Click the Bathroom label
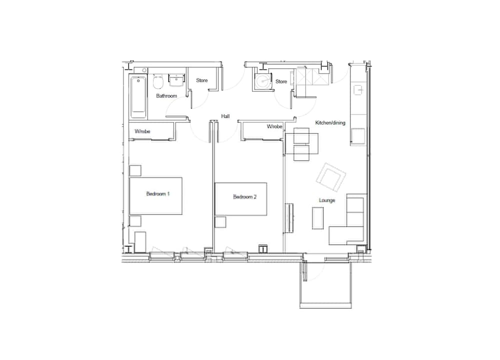(x=166, y=95)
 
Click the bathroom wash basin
(x=176, y=80)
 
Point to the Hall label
(x=225, y=116)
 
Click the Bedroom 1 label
(x=158, y=193)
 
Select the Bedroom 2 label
(x=244, y=196)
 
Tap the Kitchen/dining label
(x=330, y=122)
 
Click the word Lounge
(x=327, y=200)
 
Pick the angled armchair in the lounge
(x=331, y=177)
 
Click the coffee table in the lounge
(x=317, y=218)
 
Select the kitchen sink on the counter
(x=359, y=90)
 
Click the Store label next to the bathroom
(x=202, y=80)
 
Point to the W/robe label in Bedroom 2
(x=274, y=126)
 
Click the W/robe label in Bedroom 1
(x=142, y=131)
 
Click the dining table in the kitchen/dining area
(x=301, y=144)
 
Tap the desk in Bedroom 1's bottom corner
(x=140, y=242)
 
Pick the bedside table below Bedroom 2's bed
(x=220, y=222)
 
